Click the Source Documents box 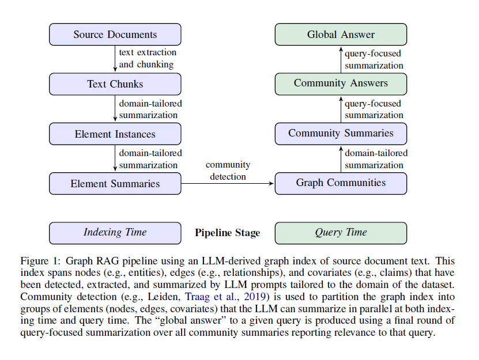tap(115, 35)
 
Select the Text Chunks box tap(115, 84)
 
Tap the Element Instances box tap(115, 134)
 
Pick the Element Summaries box tap(115, 184)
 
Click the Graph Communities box tap(341, 183)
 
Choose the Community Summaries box tap(341, 133)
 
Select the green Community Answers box tap(341, 84)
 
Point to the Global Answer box tap(341, 35)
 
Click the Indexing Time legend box tap(115, 233)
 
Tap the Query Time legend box tap(341, 233)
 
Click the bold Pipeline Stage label tap(227, 233)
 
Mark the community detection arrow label tap(228, 170)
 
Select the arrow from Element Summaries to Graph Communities tap(228, 184)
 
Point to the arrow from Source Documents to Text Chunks tap(115, 59)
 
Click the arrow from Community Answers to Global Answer tap(341, 59)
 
